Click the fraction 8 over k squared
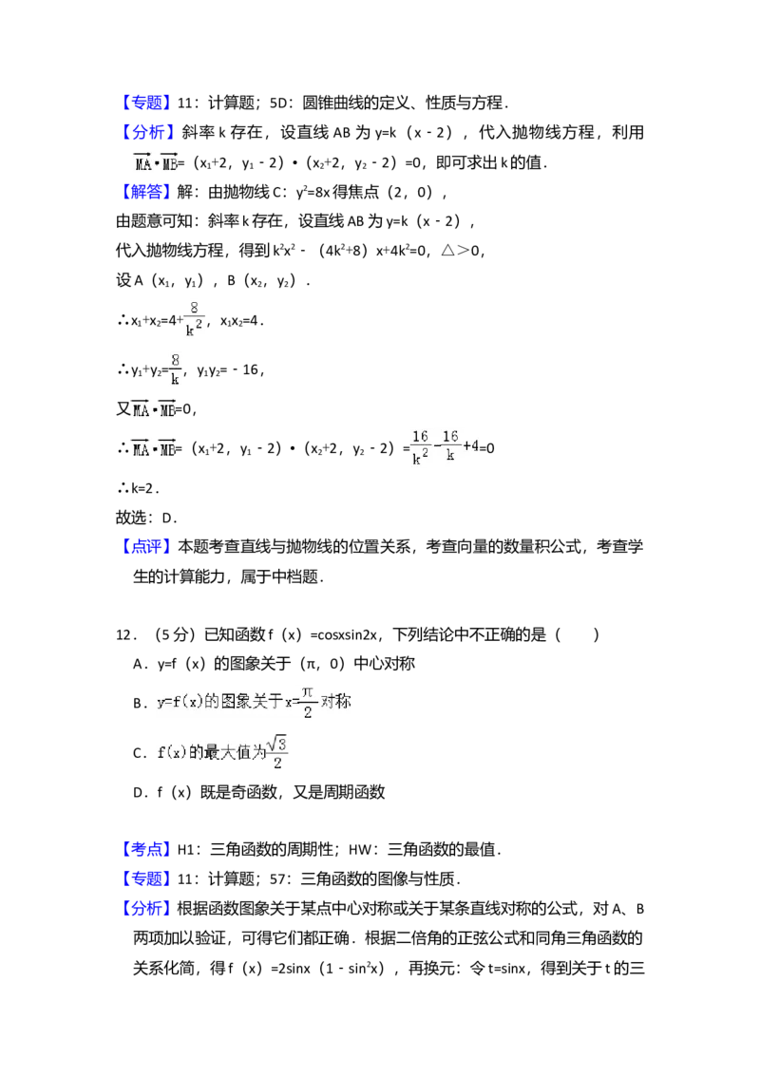[x=197, y=318]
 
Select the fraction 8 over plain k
[x=175, y=368]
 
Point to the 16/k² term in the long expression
[x=419, y=447]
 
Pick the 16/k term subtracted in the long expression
[x=449, y=447]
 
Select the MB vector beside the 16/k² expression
[x=169, y=449]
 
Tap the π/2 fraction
[x=308, y=702]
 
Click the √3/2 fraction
[x=276, y=752]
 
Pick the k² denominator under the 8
[x=193, y=329]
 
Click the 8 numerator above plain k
[x=175, y=359]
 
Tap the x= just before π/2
[x=292, y=704]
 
